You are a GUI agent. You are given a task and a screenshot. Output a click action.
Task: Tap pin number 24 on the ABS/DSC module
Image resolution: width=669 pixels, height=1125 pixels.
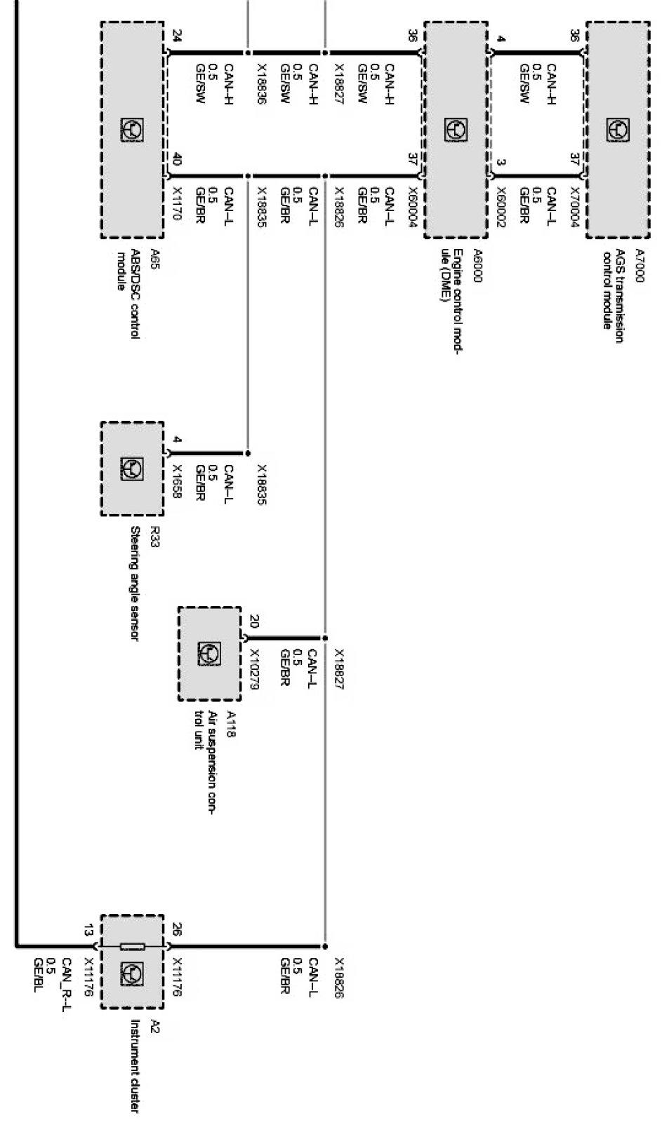pyautogui.click(x=176, y=34)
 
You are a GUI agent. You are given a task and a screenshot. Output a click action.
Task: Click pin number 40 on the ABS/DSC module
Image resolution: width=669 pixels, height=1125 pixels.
pyautogui.click(x=176, y=161)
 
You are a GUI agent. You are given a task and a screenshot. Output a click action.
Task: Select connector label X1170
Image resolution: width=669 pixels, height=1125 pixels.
pyautogui.click(x=176, y=204)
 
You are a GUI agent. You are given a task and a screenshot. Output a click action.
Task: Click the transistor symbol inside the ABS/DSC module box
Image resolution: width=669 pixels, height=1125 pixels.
pyautogui.click(x=132, y=130)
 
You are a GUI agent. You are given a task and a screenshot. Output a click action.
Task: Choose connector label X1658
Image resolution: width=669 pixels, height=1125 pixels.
pyautogui.click(x=176, y=482)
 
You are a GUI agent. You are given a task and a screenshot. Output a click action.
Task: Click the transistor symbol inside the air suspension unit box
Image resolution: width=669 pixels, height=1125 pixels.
pyautogui.click(x=210, y=654)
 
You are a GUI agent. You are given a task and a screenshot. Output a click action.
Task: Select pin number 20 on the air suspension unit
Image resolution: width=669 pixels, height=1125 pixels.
pyautogui.click(x=254, y=621)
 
